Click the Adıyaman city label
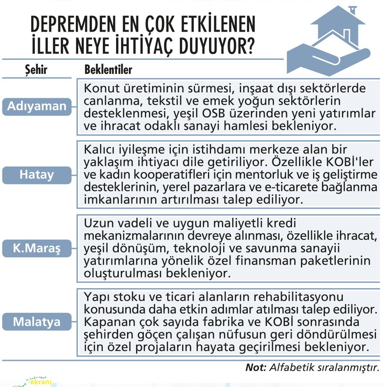click(x=37, y=106)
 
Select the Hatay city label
click(x=37, y=175)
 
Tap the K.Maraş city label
click(x=37, y=248)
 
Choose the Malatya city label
click(x=37, y=322)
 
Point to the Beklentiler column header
click(x=108, y=70)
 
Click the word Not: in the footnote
click(x=256, y=367)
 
